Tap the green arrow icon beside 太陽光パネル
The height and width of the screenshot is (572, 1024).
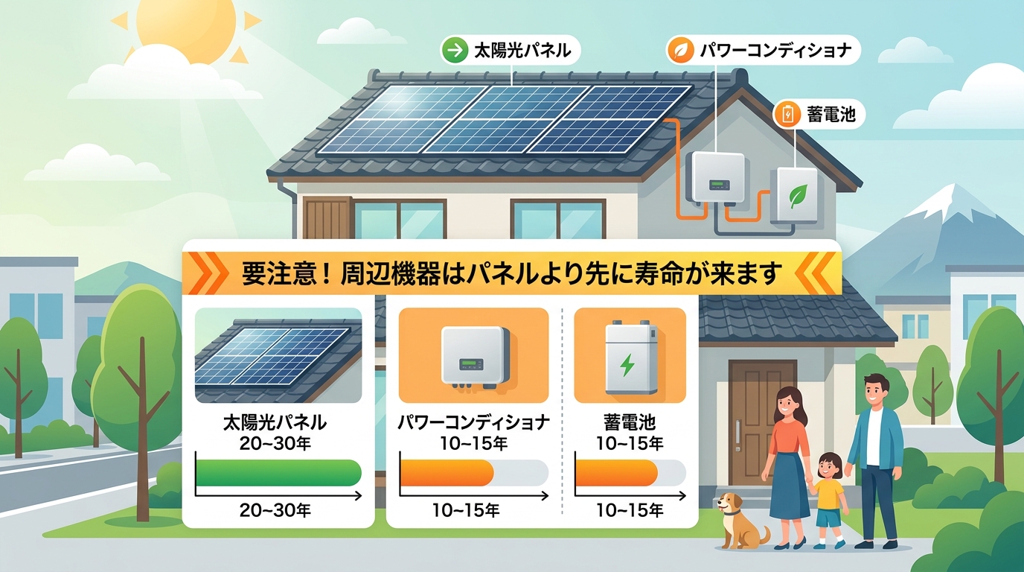point(452,51)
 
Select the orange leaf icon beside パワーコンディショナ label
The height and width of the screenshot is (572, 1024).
point(678,51)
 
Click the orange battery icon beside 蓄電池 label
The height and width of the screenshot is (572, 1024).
point(787,115)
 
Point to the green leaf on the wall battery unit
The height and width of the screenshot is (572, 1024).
point(799,197)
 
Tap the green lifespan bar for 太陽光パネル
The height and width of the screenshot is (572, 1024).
point(278,473)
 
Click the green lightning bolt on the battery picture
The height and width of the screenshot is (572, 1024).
point(627,365)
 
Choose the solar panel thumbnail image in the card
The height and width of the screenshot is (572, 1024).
point(278,356)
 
